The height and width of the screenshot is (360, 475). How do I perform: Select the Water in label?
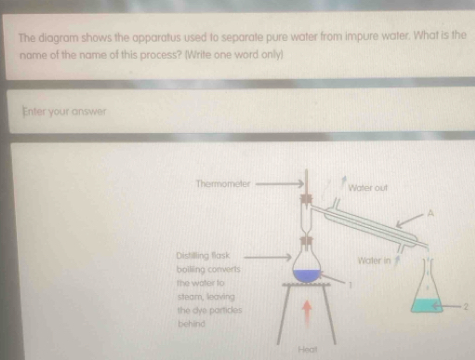coord(372,261)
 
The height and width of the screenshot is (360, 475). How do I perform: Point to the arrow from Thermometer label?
coord(277,184)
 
